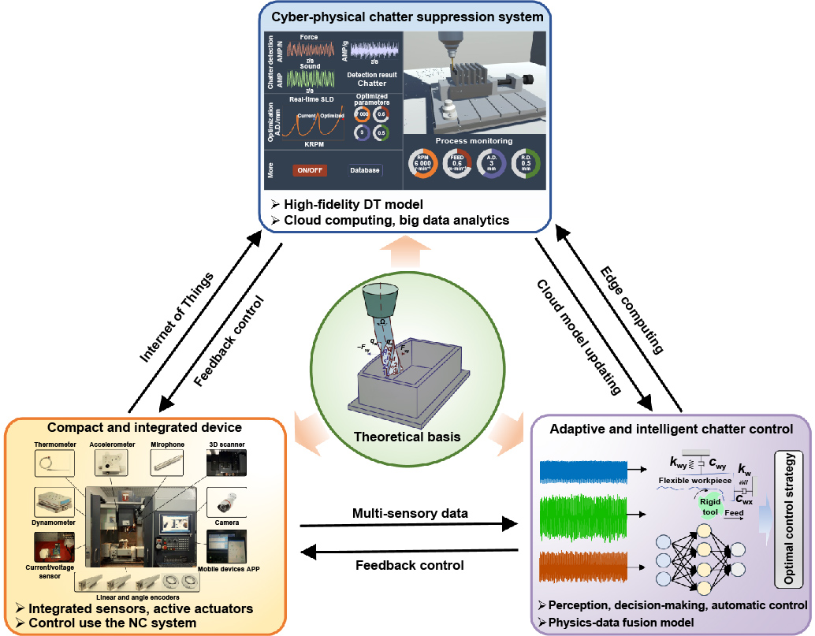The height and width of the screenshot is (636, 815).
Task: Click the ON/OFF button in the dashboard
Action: pyautogui.click(x=310, y=170)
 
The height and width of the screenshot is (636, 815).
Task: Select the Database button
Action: pyautogui.click(x=365, y=170)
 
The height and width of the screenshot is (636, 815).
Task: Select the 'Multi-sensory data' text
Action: pyautogui.click(x=410, y=513)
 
